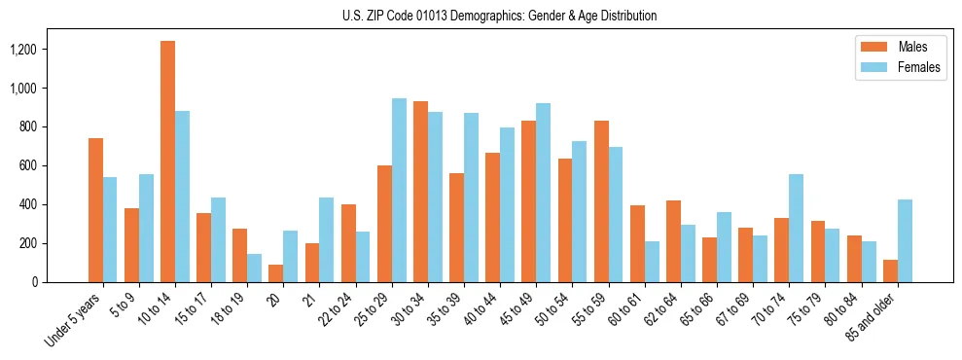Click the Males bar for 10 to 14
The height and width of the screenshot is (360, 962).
[x=168, y=162]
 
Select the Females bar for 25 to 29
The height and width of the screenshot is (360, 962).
[x=399, y=190]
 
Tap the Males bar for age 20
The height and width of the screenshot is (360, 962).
[x=276, y=273]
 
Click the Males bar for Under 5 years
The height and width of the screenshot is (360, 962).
[x=95, y=210]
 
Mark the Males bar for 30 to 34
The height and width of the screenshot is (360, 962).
[x=420, y=192]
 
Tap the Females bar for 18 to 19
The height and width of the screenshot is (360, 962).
[x=255, y=268]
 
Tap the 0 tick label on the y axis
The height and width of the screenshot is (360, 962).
[x=34, y=282]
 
